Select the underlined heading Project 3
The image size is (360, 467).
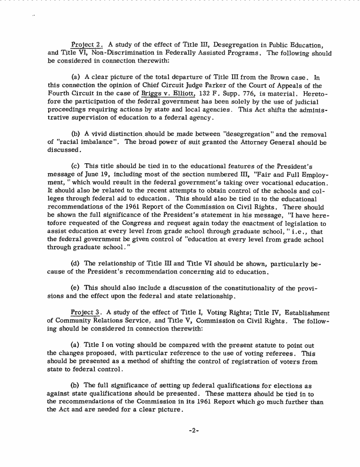click(85, 313)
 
